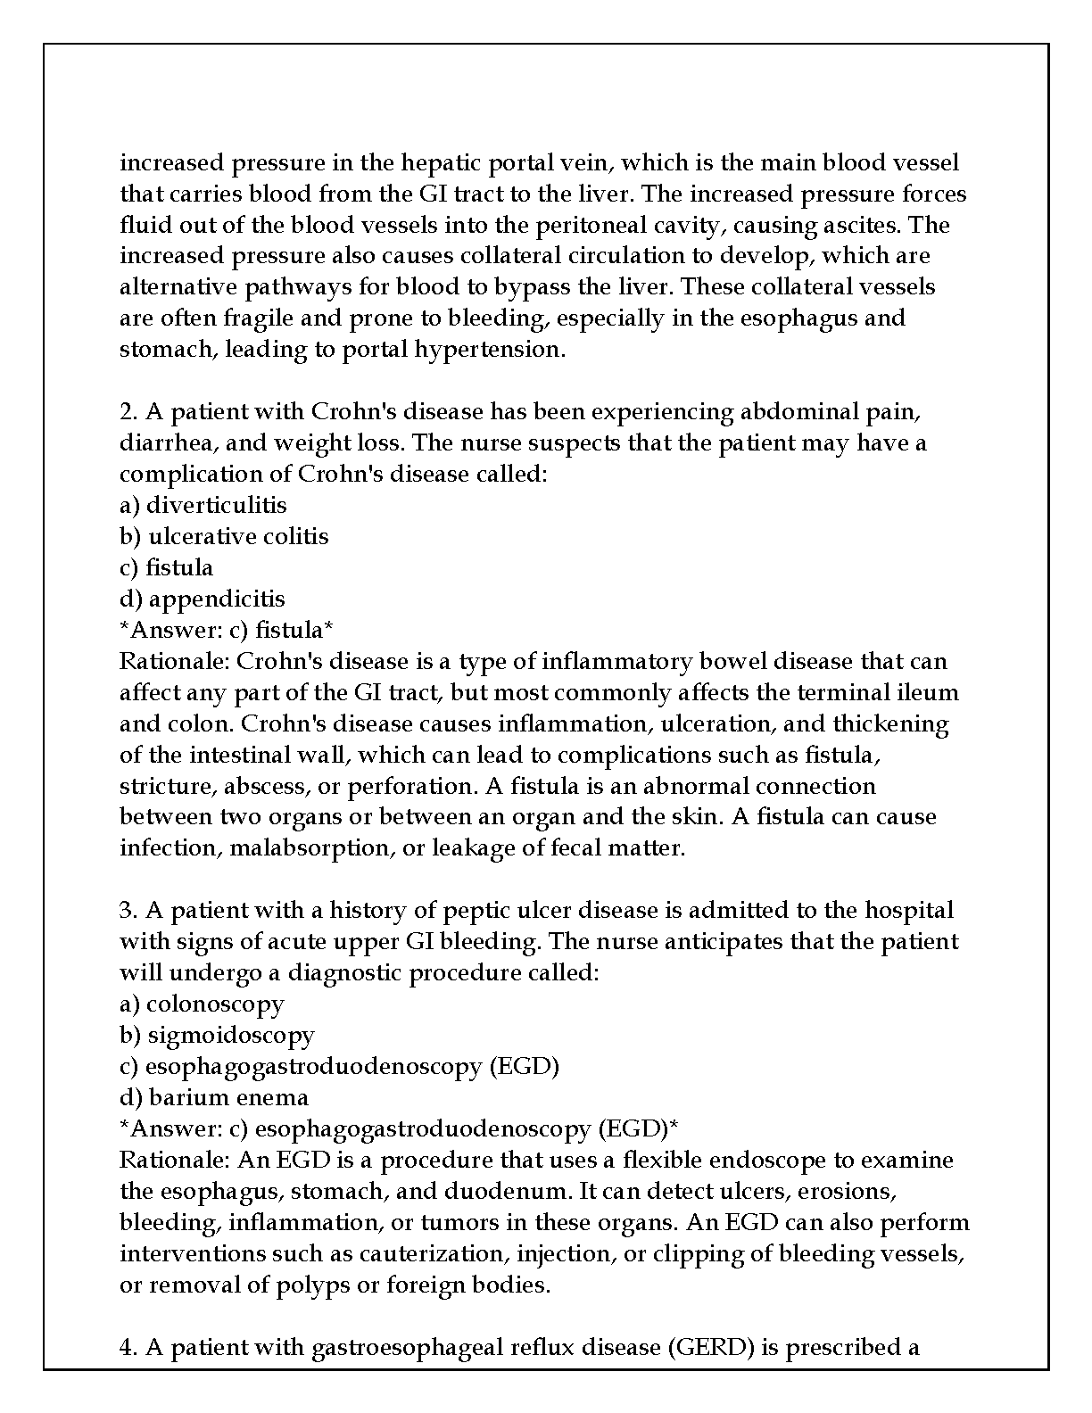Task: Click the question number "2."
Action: (128, 412)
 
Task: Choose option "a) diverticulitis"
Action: (203, 505)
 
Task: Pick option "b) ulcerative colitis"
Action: (224, 536)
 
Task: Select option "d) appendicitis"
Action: (203, 599)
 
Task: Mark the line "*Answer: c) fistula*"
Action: (227, 630)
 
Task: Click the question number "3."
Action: (128, 911)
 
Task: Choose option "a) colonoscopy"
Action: (202, 1004)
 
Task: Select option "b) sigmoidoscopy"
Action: (217, 1036)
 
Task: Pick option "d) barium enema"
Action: (214, 1098)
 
